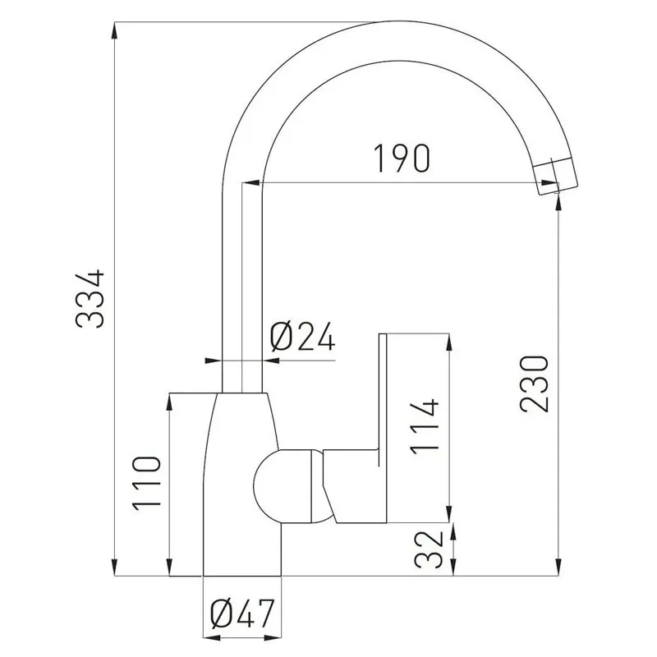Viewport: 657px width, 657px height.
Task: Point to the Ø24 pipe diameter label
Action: pos(302,336)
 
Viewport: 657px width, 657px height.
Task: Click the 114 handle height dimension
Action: pos(425,427)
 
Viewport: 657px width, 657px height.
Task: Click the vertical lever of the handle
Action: pos(382,394)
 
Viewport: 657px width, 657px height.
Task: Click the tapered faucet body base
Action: pos(242,493)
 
